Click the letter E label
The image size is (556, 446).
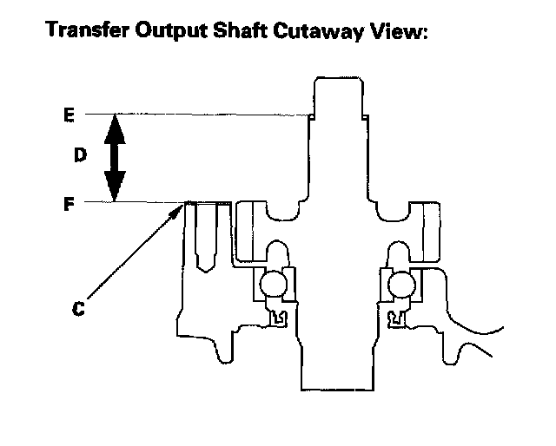click(69, 114)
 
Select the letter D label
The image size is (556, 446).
click(78, 156)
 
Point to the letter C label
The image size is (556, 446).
click(78, 307)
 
